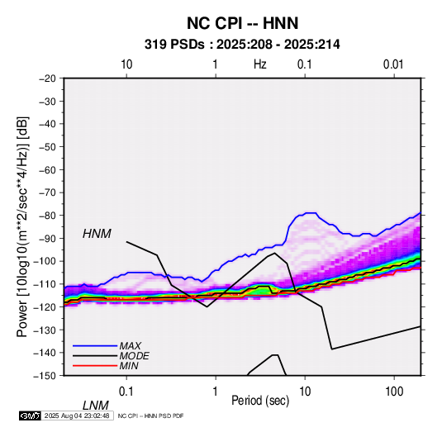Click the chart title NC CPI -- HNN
click(x=242, y=23)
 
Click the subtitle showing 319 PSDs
click(x=242, y=45)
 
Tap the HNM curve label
click(x=97, y=234)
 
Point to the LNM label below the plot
click(x=96, y=406)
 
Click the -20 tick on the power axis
click(x=47, y=78)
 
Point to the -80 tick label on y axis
click(x=47, y=216)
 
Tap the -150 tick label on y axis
click(x=45, y=376)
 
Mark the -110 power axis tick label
click(x=45, y=284)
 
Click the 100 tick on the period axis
click(x=394, y=392)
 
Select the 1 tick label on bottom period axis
click(x=216, y=392)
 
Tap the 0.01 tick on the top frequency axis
click(x=393, y=64)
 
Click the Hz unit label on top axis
click(x=260, y=64)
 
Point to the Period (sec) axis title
click(x=260, y=401)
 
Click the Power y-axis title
click(x=22, y=226)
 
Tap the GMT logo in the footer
click(x=30, y=416)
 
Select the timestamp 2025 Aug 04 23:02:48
click(x=77, y=416)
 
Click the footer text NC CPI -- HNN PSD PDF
click(x=151, y=416)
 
